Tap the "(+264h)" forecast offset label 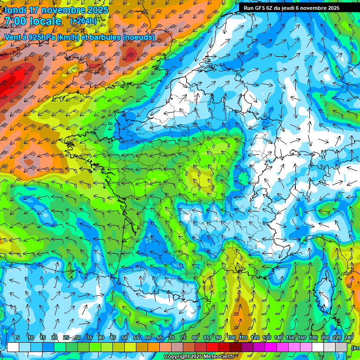click(x=83, y=21)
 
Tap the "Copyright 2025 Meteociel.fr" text click(x=198, y=357)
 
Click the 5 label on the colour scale click(x=18, y=337)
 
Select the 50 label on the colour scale click(x=125, y=337)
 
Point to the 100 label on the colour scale click(x=232, y=337)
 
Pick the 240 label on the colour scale click(x=349, y=337)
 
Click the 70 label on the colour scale click(x=172, y=337)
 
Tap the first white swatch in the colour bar click(x=13, y=347)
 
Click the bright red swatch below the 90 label click(x=212, y=347)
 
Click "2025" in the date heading click(x=96, y=10)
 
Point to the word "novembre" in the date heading click(x=63, y=10)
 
